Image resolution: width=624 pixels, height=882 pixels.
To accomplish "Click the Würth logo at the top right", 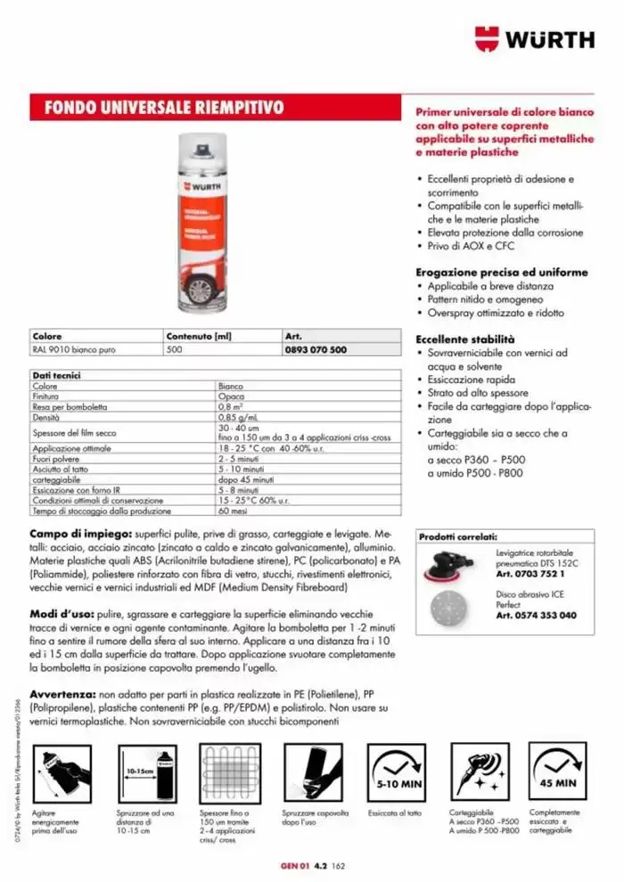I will coord(534,39).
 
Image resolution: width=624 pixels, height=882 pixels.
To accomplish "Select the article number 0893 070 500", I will coord(316,351).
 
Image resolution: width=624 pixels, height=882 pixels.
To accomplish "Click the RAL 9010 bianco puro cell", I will coord(72,351).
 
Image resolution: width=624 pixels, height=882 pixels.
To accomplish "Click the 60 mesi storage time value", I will coord(232,510).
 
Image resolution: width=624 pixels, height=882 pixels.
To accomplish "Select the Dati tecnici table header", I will coord(57,377).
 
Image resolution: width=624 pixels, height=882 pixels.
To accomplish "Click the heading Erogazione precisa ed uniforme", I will coord(502,272).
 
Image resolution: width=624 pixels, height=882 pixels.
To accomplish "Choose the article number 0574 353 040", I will coord(536,616).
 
